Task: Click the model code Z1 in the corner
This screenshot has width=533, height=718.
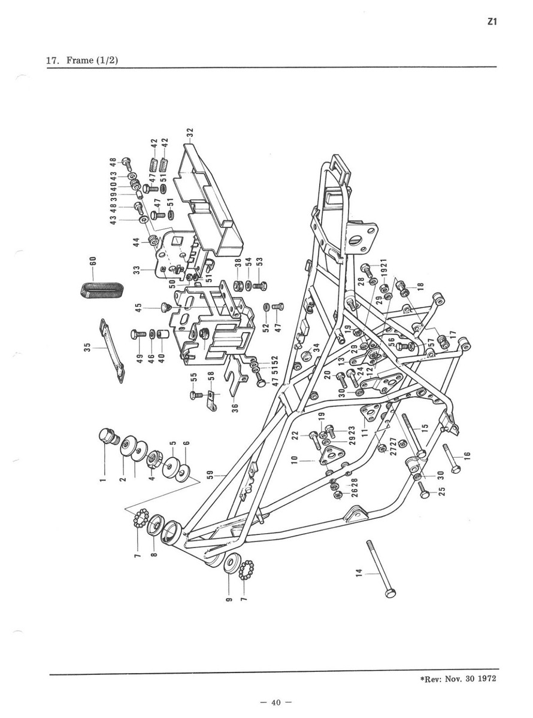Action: click(x=492, y=22)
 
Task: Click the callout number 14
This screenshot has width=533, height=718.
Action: click(x=359, y=573)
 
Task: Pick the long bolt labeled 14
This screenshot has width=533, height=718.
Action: click(x=378, y=566)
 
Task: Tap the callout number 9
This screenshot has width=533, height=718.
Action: click(x=228, y=598)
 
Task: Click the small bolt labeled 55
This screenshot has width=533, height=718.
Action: click(x=194, y=394)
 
